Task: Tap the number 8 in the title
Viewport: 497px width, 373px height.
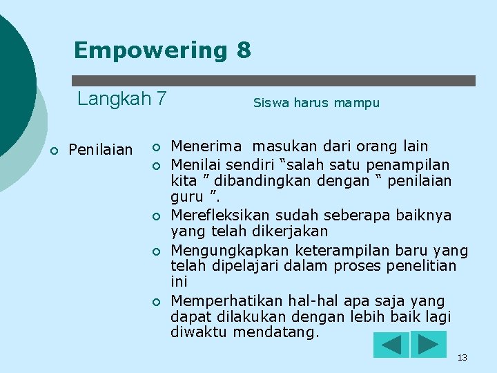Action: click(243, 50)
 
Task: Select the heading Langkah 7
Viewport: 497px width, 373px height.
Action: click(121, 99)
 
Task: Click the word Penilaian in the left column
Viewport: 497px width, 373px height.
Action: click(101, 150)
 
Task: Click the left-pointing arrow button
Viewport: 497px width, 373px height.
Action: click(391, 345)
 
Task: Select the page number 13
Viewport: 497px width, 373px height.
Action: click(462, 357)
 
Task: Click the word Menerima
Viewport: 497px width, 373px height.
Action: click(206, 146)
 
